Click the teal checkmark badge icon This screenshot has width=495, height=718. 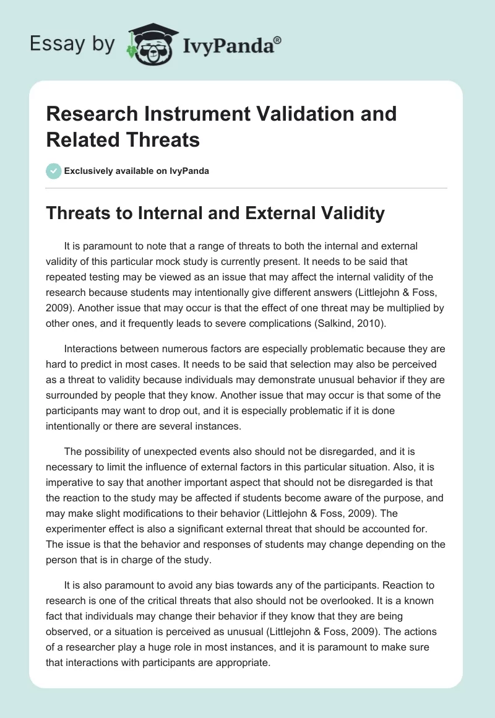pos(54,171)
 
